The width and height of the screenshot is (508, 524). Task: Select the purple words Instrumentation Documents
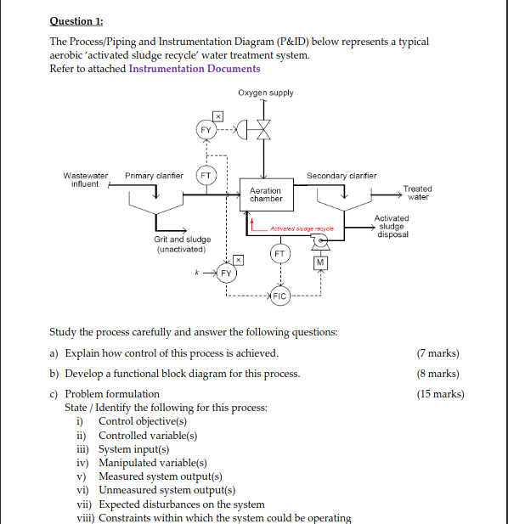click(x=195, y=69)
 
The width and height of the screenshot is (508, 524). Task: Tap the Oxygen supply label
click(x=265, y=93)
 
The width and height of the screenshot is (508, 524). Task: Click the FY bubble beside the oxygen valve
click(x=205, y=130)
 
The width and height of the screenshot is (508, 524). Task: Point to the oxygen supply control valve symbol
click(x=265, y=130)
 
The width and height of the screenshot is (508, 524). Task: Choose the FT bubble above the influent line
click(x=205, y=176)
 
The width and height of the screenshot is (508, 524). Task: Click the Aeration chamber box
click(x=266, y=194)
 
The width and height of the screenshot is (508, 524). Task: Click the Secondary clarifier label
click(x=341, y=176)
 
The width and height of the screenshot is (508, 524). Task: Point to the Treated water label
click(x=417, y=193)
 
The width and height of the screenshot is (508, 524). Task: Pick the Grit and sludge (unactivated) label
click(x=182, y=244)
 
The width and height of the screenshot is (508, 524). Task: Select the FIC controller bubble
click(x=279, y=296)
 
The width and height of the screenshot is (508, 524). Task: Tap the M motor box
click(x=319, y=263)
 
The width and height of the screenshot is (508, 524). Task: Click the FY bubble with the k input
click(x=226, y=273)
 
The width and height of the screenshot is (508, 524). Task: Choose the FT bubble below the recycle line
click(x=279, y=253)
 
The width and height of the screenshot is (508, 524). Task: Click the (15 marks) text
click(x=440, y=394)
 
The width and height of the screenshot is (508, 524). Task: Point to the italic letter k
click(x=196, y=272)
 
